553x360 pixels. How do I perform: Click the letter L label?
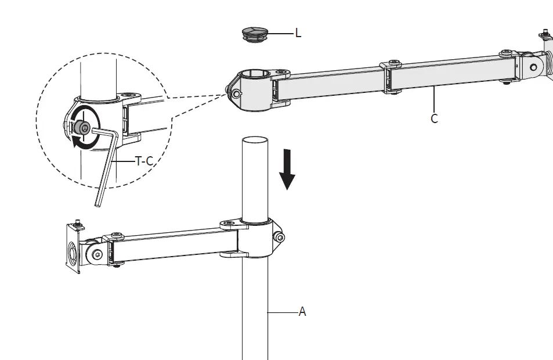point(298,33)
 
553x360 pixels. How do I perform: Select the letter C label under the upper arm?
point(434,118)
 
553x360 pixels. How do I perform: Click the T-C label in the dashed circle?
point(144,161)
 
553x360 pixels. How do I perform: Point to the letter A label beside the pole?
point(302,312)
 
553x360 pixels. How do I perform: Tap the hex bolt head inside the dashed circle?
point(84,129)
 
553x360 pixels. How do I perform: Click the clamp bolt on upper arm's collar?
point(236,93)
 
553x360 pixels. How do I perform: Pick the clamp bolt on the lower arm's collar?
point(280,237)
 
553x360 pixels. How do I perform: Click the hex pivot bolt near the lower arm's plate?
point(97,254)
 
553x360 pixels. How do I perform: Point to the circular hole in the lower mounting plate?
point(72,253)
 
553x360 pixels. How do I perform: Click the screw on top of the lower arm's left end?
point(118,235)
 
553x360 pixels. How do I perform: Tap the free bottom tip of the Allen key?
point(97,204)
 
